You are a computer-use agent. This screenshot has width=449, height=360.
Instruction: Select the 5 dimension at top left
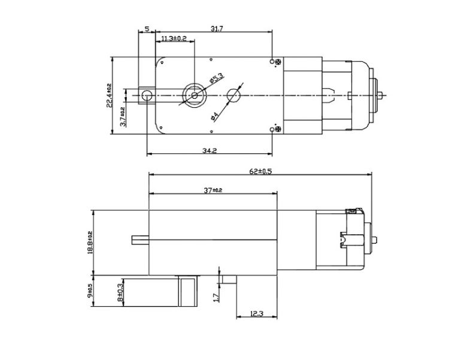point(147,29)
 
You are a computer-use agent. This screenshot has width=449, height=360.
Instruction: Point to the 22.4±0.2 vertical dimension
point(109,96)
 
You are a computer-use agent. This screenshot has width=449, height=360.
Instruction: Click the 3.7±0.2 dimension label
point(122,114)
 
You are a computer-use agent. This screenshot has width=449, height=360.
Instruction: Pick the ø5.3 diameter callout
point(216,79)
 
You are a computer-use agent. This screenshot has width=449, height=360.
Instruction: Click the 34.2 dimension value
point(209,151)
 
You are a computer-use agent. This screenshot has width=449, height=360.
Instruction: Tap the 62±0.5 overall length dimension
point(260,171)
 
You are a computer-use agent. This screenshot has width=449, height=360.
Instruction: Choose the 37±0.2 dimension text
point(213,190)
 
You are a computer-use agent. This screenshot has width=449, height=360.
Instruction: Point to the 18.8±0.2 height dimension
point(90,243)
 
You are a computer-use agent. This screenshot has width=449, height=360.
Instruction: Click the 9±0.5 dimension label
point(90,292)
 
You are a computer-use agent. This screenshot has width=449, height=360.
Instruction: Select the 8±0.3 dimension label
point(122,292)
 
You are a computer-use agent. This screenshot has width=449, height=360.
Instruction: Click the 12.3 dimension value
point(257,313)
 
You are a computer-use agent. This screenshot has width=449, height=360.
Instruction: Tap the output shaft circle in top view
point(195,95)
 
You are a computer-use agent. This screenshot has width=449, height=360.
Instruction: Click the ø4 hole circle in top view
point(234,95)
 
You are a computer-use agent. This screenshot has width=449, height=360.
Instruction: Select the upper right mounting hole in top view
point(273,62)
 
